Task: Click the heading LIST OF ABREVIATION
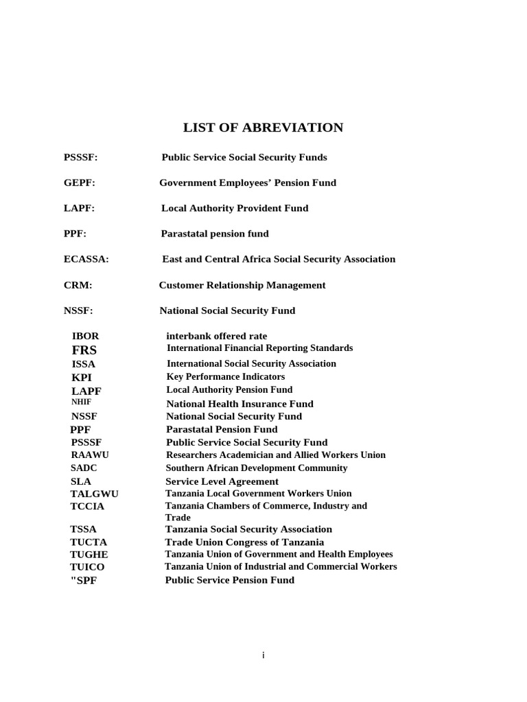pos(263,128)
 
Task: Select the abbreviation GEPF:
pos(79,183)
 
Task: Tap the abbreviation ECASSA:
pos(86,259)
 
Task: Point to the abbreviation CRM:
pos(78,285)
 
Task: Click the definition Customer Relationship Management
pos(242,285)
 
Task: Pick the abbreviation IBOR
pos(85,336)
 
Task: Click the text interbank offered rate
pos(216,336)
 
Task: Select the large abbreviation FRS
pos(84,350)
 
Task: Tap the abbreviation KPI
pos(81,377)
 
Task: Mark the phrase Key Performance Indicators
pos(225,376)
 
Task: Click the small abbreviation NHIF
pos(81,402)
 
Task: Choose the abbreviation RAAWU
pos(89,455)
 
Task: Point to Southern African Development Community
pos(256,468)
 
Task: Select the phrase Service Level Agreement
pos(222,481)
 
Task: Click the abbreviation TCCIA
pos(86,507)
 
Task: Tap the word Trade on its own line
pos(177,518)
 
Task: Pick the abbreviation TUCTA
pos(88,542)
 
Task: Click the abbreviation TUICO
pos(87,568)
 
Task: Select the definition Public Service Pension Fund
pos(229,580)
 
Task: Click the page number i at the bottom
pos(263,655)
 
